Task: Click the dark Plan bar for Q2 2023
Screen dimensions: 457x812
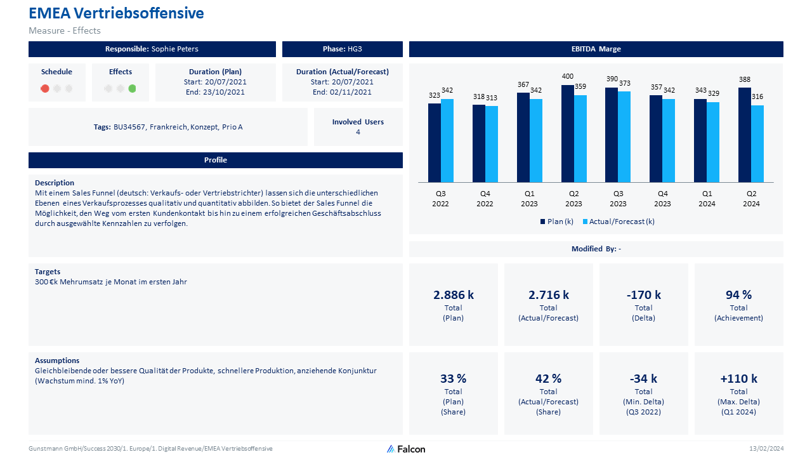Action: [x=567, y=133]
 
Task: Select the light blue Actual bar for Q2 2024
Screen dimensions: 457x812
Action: [x=757, y=143]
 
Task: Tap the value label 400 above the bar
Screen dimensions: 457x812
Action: [x=568, y=77]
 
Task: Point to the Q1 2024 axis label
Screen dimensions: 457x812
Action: [x=707, y=199]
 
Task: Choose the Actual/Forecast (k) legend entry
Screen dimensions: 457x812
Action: [x=619, y=222]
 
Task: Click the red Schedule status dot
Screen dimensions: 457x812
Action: [x=45, y=89]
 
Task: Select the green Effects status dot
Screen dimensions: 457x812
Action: [x=132, y=89]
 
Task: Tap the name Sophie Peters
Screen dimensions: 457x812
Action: [x=175, y=49]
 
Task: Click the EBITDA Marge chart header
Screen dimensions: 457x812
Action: [x=596, y=49]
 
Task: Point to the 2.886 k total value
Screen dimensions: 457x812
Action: [x=454, y=295]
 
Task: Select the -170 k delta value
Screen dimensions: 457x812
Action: [x=643, y=295]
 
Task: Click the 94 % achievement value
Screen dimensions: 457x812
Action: [x=738, y=295]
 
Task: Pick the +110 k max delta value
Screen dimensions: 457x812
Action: [x=738, y=378]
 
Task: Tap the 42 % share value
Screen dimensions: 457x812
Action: [x=548, y=378]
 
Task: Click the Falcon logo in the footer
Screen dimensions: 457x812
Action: [x=406, y=449]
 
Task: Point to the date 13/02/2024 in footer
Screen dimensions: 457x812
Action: [x=766, y=449]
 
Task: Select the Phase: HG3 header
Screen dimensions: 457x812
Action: [x=343, y=49]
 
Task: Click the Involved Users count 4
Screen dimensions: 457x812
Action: [x=358, y=132]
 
